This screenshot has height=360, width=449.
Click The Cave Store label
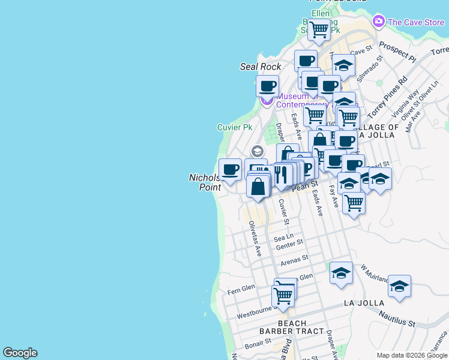(416, 23)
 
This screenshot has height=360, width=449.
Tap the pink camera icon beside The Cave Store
(378, 22)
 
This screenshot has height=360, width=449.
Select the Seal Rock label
(261, 67)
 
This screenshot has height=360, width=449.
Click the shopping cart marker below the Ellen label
(319, 29)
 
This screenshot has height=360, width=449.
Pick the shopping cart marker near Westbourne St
(283, 295)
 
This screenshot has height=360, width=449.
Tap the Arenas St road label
(294, 259)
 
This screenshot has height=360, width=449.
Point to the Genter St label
(290, 244)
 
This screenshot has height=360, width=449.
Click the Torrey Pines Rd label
(388, 97)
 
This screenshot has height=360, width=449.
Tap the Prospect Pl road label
(397, 52)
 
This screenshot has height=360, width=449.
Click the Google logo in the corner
(20, 353)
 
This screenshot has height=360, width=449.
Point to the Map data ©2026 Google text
(412, 355)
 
